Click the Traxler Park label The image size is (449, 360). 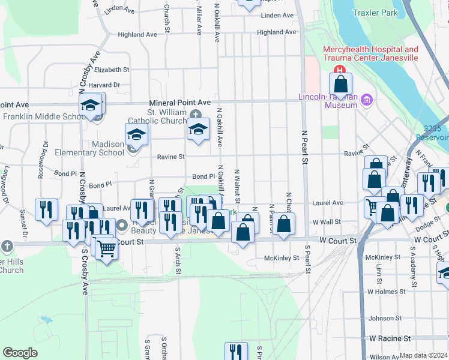click(393, 12)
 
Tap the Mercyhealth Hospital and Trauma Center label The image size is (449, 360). click(370, 54)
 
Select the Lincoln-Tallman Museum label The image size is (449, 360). click(328, 101)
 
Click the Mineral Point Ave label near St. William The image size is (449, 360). click(180, 103)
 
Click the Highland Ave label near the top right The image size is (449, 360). click(276, 32)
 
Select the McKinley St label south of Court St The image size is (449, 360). click(282, 258)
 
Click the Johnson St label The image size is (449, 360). click(385, 318)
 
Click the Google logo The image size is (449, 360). click(20, 353)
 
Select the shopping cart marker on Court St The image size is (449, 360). click(106, 248)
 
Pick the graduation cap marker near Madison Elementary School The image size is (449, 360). click(136, 134)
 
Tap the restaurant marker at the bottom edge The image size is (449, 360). click(236, 352)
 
